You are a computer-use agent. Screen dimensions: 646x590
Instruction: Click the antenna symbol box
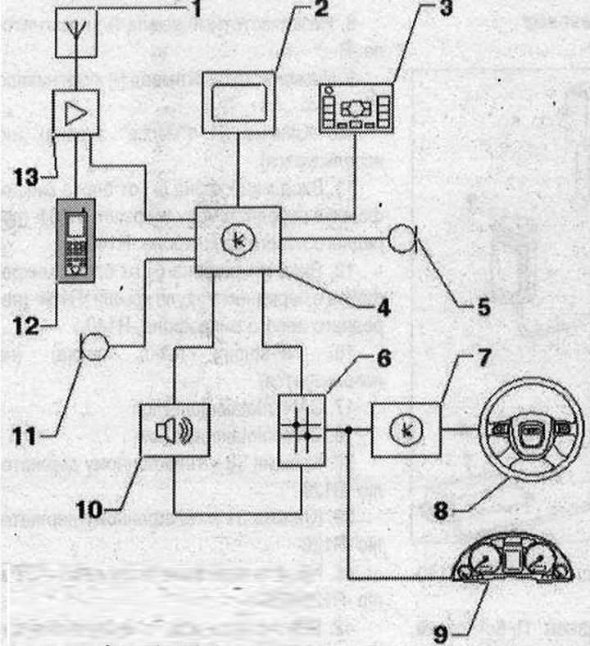77,34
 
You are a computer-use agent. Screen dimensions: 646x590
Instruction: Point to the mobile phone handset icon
75,238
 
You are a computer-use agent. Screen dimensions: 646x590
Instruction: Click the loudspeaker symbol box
175,431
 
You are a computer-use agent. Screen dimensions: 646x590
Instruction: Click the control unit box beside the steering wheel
407,430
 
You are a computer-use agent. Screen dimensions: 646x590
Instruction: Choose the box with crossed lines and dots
302,430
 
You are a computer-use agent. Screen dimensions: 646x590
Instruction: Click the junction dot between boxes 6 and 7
348,430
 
